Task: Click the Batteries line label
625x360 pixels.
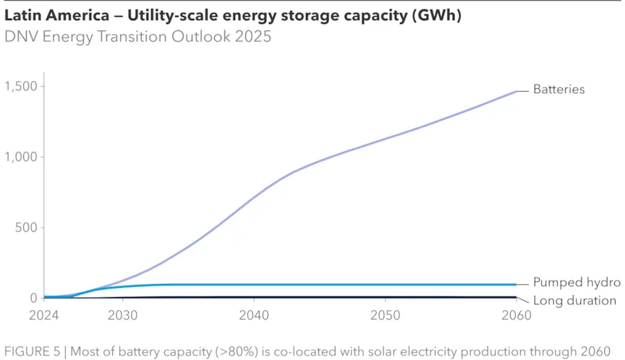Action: (558, 90)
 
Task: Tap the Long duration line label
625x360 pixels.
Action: (574, 301)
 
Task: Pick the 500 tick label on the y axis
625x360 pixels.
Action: (27, 228)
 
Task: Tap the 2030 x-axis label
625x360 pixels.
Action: (122, 316)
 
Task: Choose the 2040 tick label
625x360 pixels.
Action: (253, 316)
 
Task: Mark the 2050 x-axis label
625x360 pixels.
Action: (385, 316)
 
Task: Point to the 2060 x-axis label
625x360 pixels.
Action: (516, 316)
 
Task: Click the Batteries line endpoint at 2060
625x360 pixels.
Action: (516, 91)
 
